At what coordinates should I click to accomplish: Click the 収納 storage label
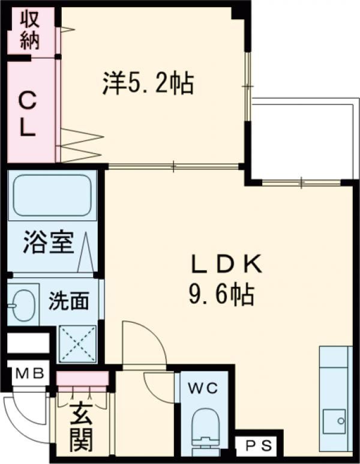(31, 30)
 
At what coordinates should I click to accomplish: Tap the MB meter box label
(30, 373)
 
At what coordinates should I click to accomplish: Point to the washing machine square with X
(77, 343)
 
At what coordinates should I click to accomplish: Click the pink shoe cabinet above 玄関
(83, 379)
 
